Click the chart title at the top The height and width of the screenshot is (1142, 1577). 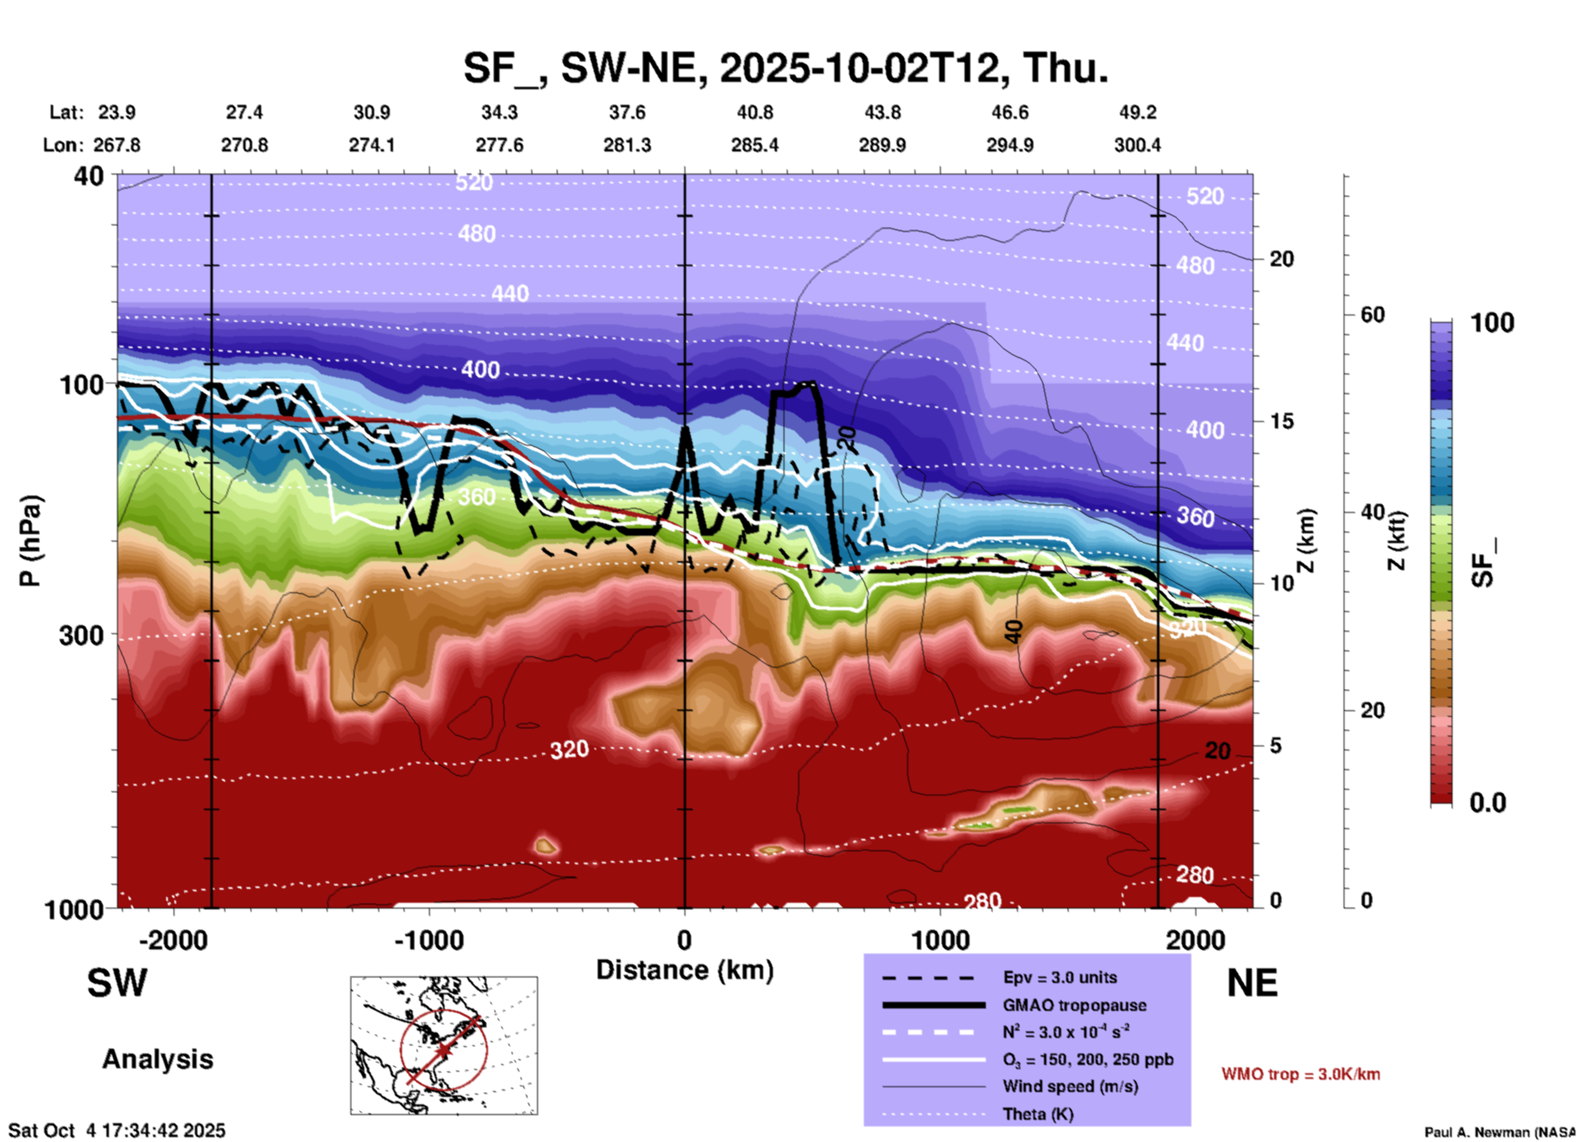coord(785,68)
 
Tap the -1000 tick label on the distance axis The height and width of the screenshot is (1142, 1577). coord(429,940)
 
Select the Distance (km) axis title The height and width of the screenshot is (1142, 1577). coord(685,970)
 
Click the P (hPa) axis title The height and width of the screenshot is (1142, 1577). coord(30,541)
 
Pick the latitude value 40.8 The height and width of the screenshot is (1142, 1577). coord(754,112)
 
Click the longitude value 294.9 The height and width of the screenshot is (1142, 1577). coord(1010,145)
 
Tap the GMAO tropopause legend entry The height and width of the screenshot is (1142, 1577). coord(1074,1005)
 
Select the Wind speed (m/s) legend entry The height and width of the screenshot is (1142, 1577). coord(1063,1086)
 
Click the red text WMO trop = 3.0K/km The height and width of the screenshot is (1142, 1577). coord(1300,1074)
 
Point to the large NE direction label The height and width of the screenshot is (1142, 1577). coord(1252,983)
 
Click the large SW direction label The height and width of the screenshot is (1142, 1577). coord(117,983)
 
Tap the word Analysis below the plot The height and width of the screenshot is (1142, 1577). coord(157,1059)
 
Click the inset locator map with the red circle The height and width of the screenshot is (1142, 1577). coord(444,1045)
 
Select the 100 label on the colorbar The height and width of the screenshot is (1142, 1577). coord(1492,323)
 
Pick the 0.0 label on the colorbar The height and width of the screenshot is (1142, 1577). coord(1488,802)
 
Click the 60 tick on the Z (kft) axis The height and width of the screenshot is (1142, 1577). coord(1372,315)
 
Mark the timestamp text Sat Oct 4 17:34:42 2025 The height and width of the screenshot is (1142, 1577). coord(116,1131)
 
